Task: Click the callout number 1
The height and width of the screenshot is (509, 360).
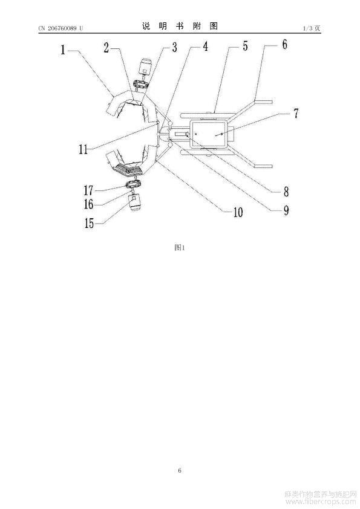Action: (x=63, y=50)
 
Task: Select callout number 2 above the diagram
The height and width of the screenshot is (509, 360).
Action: (x=106, y=48)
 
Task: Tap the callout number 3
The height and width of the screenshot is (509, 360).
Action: (x=174, y=47)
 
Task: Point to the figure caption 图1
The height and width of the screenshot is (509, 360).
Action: (x=180, y=248)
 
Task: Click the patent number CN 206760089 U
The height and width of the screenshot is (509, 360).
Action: (x=61, y=28)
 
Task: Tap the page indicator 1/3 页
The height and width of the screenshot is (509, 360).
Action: (x=312, y=28)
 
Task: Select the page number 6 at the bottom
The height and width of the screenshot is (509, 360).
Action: (x=180, y=470)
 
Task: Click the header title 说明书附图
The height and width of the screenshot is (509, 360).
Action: (x=180, y=26)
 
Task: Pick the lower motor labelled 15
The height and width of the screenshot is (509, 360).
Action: (x=136, y=203)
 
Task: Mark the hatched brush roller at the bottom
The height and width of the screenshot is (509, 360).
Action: (x=129, y=169)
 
